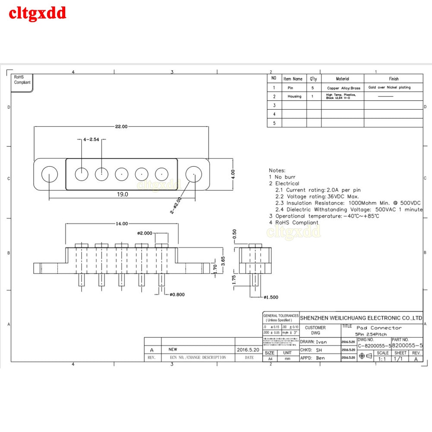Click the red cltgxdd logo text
tap(38, 13)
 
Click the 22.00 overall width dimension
tap(121, 127)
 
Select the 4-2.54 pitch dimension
tap(91, 140)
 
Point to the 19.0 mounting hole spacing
tap(122, 194)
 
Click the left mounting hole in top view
tap(50, 175)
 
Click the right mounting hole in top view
tap(194, 175)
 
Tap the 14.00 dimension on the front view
tap(121, 224)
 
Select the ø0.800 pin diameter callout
tap(178, 295)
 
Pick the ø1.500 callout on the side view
tap(271, 298)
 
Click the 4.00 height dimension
tap(233, 174)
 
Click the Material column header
tap(343, 79)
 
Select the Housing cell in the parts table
tap(295, 96)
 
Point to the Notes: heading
tap(277, 171)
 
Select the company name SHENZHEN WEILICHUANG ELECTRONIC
tap(361, 318)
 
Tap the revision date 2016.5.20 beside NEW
tap(248, 349)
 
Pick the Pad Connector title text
tap(379, 327)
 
